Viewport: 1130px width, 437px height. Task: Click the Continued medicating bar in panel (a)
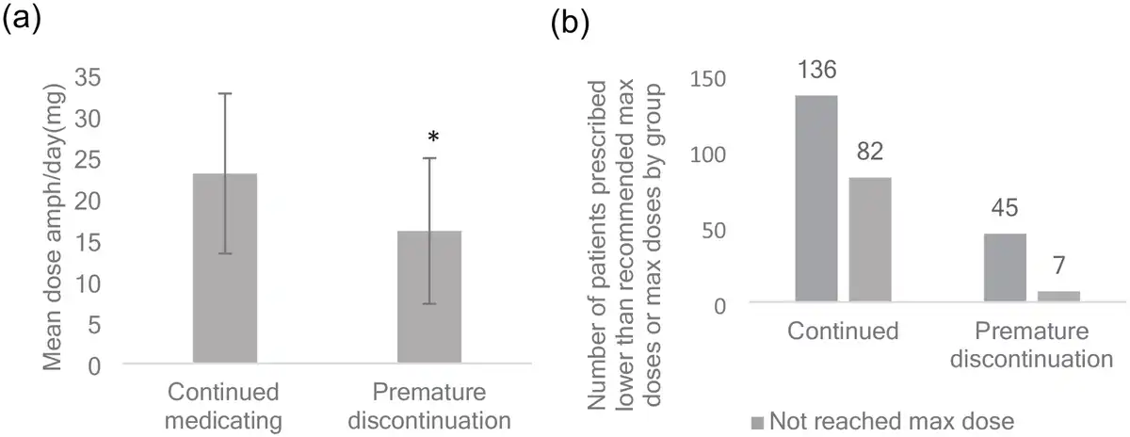(224, 268)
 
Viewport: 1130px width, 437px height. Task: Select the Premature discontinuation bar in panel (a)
(429, 297)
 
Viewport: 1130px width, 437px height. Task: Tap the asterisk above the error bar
(432, 138)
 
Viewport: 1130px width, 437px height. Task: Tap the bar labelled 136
(816, 200)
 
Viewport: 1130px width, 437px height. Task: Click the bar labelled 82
(870, 240)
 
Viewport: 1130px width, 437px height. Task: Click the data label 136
(816, 71)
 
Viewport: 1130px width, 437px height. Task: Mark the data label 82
(870, 153)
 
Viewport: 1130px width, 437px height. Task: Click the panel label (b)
(571, 24)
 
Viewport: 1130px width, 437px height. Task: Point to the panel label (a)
(23, 21)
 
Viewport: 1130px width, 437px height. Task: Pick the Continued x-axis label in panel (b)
(843, 332)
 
